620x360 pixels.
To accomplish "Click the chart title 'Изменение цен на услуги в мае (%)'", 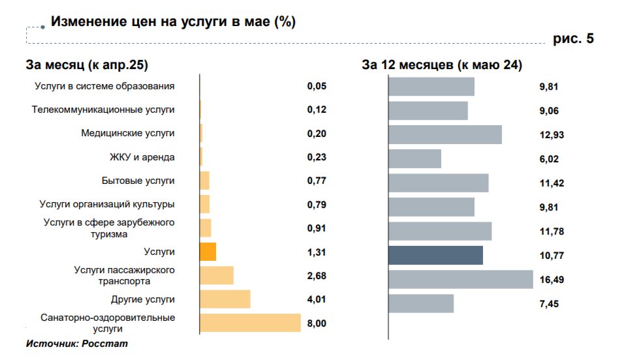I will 173,22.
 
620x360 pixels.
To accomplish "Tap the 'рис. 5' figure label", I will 574,39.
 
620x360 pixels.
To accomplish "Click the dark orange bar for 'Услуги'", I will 208,252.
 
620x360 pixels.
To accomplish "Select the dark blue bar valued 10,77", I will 435,255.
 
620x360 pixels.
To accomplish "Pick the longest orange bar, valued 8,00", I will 250,323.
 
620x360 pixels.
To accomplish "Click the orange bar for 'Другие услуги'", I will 225,299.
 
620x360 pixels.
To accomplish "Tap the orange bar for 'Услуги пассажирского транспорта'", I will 217,275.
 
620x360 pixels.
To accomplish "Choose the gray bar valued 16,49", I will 461,279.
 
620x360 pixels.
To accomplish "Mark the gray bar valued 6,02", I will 414,158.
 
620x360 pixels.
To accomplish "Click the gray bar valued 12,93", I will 445,134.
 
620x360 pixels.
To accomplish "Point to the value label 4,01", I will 316,299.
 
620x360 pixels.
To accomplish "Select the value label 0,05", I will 316,86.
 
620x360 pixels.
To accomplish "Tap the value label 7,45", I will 549,303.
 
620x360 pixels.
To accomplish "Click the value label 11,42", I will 551,183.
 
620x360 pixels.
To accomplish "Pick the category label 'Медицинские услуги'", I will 128,133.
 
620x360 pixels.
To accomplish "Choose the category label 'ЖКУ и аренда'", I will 142,157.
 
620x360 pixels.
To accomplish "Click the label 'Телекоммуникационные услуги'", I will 103,110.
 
